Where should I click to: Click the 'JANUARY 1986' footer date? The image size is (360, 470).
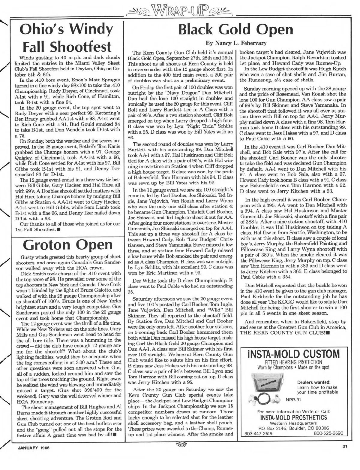tap(31, 448)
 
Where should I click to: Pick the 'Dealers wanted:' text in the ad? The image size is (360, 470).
tap(313, 382)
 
